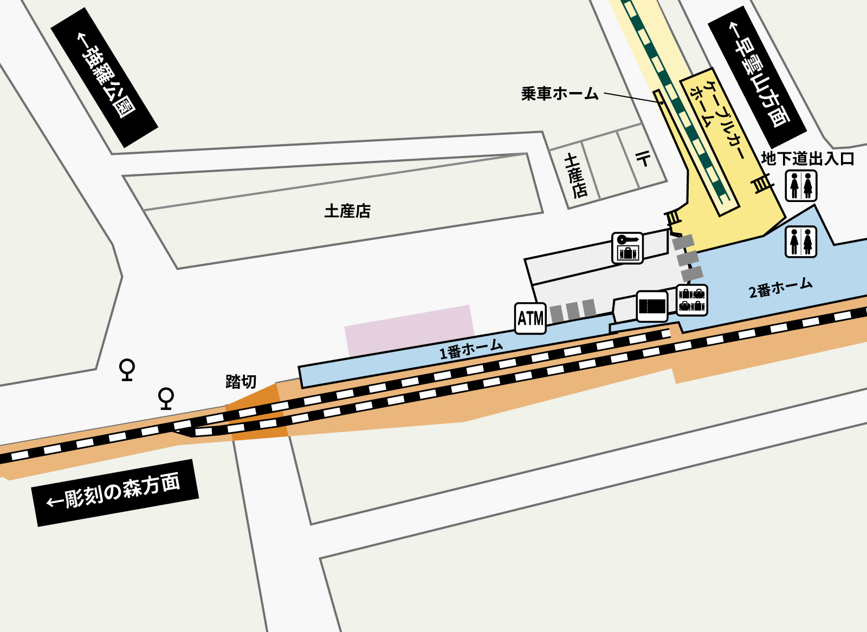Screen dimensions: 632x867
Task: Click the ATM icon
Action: point(530,318)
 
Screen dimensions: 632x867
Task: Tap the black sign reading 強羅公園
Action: point(104,77)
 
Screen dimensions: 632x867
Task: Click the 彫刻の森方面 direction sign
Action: point(115,493)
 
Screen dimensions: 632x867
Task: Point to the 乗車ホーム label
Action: point(559,94)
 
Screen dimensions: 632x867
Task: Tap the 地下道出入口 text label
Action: point(807,159)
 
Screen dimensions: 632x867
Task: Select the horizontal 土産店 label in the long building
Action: point(347,211)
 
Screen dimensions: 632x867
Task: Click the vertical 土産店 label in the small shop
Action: point(575,175)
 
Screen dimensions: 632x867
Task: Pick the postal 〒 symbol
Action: point(643,159)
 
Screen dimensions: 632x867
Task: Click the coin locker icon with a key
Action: point(627,248)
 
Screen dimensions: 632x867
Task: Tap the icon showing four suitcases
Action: point(692,300)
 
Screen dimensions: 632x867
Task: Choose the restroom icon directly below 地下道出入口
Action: point(801,186)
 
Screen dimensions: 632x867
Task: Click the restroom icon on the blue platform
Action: point(800,242)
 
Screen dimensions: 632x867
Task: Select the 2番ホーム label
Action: point(780,288)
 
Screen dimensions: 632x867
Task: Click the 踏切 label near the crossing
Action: point(241,382)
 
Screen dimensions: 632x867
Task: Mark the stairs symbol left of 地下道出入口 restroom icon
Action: point(762,184)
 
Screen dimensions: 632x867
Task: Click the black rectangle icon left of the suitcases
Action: point(652,307)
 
